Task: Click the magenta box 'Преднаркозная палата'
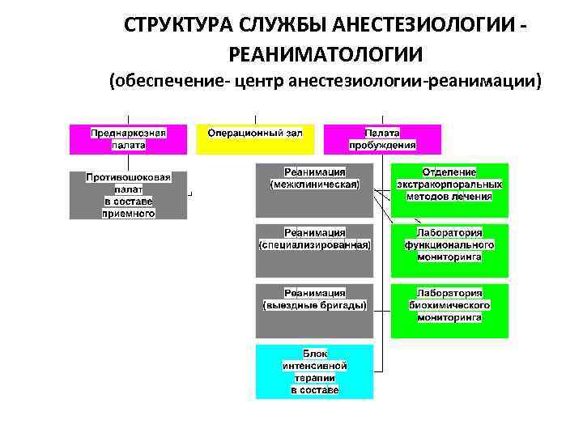point(128,139)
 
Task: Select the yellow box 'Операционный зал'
point(255,139)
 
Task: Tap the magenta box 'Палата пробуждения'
point(382,139)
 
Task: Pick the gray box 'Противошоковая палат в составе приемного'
point(128,195)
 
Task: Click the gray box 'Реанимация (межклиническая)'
point(314,190)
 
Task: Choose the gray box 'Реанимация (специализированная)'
point(314,250)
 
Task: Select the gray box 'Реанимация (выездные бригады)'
point(314,310)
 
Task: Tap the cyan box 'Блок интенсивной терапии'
point(314,371)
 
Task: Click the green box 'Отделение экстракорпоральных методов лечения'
point(449,190)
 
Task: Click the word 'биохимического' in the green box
point(449,305)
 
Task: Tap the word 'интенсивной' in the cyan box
point(315,366)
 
